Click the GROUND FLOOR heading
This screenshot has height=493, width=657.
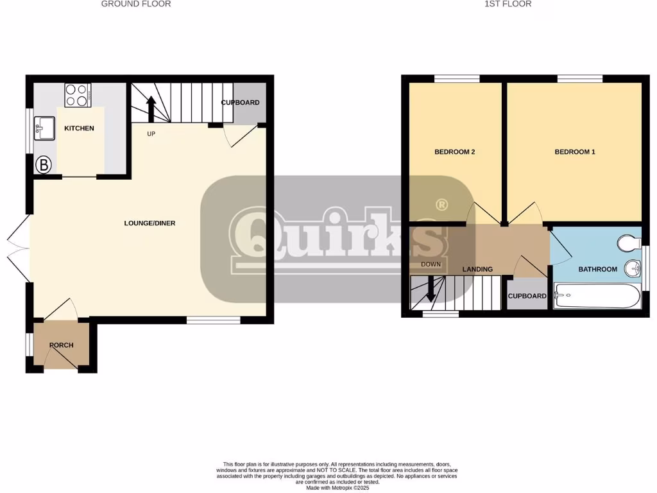tap(136, 4)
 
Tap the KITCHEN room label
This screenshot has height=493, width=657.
tap(79, 128)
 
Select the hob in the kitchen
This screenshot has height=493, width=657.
tap(78, 95)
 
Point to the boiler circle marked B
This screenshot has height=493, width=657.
tap(43, 165)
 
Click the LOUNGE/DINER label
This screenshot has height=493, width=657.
tap(149, 223)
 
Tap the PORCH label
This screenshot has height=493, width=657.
tap(62, 345)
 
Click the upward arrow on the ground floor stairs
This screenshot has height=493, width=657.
tap(151, 108)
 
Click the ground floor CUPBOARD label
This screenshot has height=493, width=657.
tap(240, 103)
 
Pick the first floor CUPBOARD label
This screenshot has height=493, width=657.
tap(527, 297)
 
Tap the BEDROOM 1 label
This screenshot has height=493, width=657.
tap(575, 152)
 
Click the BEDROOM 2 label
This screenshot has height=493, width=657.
tap(454, 152)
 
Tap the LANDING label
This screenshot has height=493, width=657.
tap(477, 270)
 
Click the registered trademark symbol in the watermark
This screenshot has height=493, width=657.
tap(441, 205)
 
